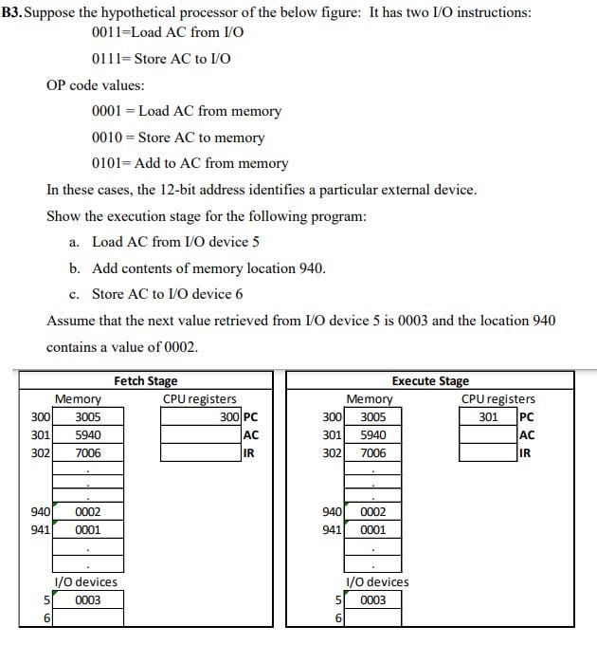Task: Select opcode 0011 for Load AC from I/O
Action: point(108,33)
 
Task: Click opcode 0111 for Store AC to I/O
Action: point(108,59)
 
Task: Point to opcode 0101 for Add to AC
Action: point(108,163)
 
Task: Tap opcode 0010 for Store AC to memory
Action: point(108,138)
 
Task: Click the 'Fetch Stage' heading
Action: point(145,381)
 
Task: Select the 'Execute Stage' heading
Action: point(429,381)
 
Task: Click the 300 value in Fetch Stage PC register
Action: point(229,416)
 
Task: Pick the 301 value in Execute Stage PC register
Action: point(488,416)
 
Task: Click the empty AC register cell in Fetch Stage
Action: point(200,434)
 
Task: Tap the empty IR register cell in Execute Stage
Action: point(488,453)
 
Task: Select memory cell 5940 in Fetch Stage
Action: point(88,434)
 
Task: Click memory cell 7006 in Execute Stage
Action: point(372,453)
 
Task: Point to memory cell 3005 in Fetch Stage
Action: point(88,416)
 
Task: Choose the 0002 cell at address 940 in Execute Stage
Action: point(372,512)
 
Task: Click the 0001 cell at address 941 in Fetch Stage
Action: point(88,530)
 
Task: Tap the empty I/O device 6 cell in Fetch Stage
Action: point(88,618)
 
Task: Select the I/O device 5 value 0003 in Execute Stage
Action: point(372,600)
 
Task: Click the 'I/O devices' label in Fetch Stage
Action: point(85,582)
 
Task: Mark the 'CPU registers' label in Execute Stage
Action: point(497,399)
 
